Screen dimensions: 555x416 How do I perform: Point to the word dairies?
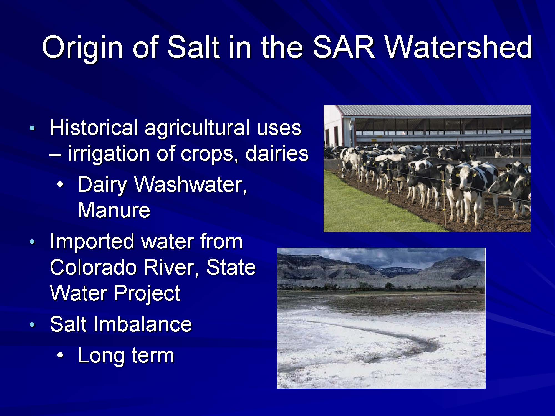point(277,153)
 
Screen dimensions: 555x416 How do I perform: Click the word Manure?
point(114,210)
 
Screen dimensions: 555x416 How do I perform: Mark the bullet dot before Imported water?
point(32,242)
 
